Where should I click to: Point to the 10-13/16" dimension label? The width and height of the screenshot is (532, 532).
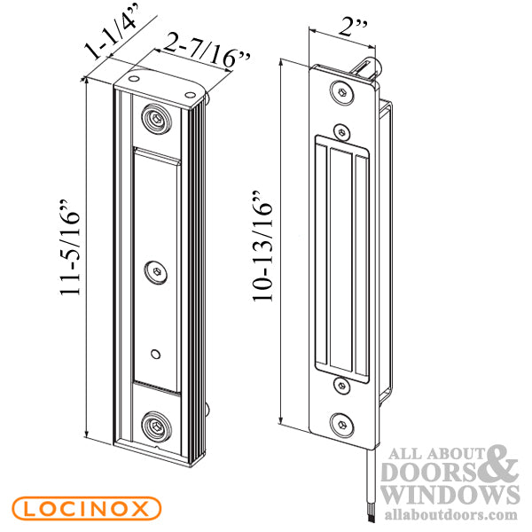click(x=262, y=246)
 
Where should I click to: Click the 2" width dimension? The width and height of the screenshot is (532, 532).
click(x=354, y=28)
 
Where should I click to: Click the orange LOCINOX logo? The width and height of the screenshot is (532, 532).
click(x=86, y=509)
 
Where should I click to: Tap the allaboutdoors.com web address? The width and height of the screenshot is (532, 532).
click(x=451, y=514)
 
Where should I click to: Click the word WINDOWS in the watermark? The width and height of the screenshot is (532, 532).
click(x=450, y=495)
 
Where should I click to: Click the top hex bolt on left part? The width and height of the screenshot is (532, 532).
click(x=156, y=119)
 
